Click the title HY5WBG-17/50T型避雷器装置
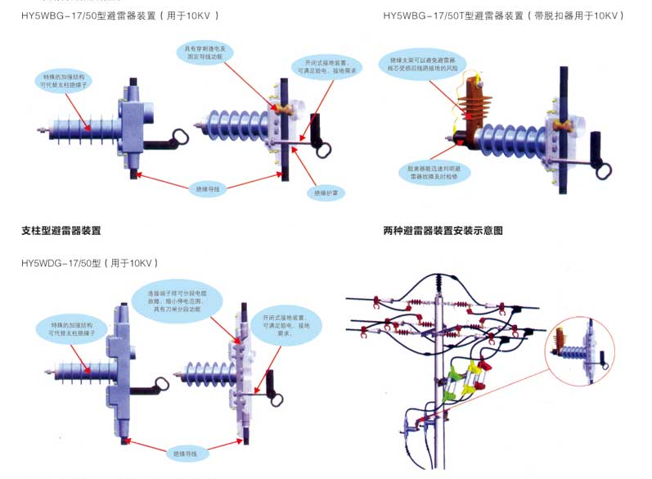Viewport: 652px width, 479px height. coord(448,16)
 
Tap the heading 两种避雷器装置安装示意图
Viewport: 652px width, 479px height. coord(443,231)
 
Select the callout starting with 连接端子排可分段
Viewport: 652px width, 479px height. coord(177,301)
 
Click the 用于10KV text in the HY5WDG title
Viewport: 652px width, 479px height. coord(132,263)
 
